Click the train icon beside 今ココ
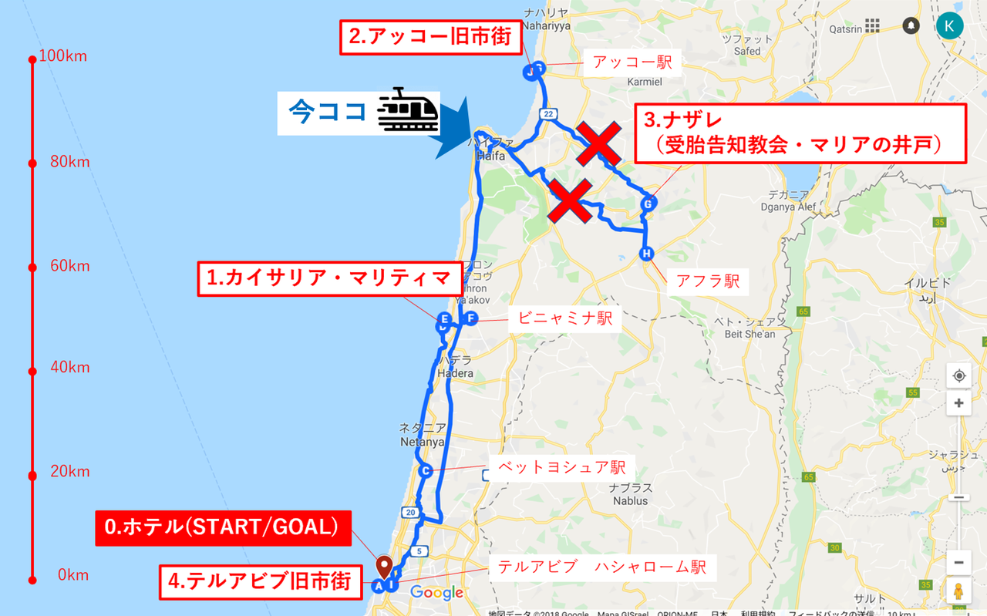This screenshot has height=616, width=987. coord(407,111)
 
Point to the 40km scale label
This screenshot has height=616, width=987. coord(69,368)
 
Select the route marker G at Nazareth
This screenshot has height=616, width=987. coord(648,204)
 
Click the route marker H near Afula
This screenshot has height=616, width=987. coord(646,254)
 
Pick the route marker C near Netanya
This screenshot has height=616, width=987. coord(424,471)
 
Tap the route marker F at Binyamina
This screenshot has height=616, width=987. coord(470,318)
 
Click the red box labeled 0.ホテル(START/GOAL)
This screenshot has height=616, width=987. coord(222,528)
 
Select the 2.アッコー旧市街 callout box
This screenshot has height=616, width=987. coord(430,37)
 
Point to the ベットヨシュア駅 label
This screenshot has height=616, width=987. coord(561,467)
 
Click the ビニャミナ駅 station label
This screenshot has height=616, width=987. coord(565,318)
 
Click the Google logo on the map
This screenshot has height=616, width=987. coord(436,593)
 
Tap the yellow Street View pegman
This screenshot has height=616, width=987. coord(958,591)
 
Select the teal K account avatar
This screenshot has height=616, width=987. coord(949,25)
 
